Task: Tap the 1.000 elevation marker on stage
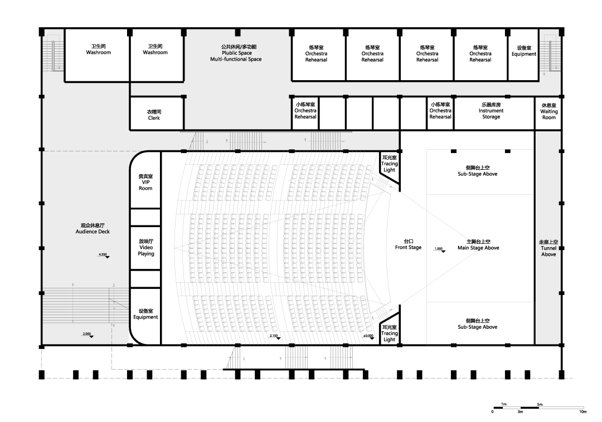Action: point(439,250)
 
